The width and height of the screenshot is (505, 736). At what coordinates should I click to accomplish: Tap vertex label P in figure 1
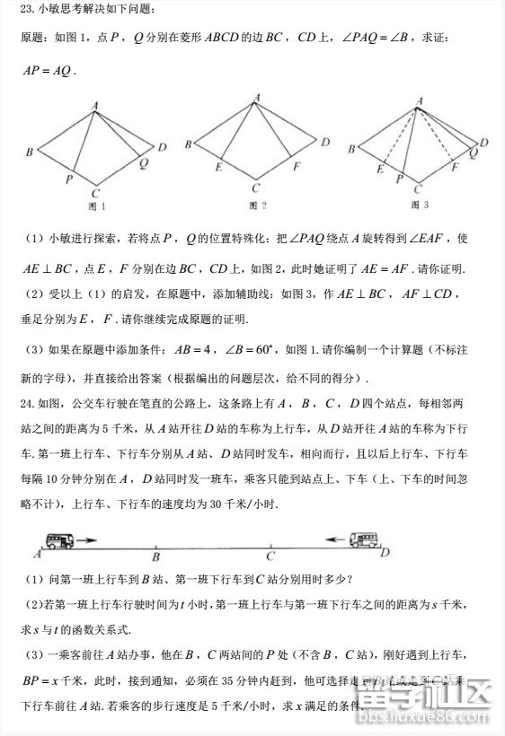[69, 179]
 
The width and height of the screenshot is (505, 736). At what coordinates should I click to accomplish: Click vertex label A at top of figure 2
[257, 97]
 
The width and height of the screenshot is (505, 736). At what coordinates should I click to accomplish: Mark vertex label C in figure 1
[96, 191]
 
